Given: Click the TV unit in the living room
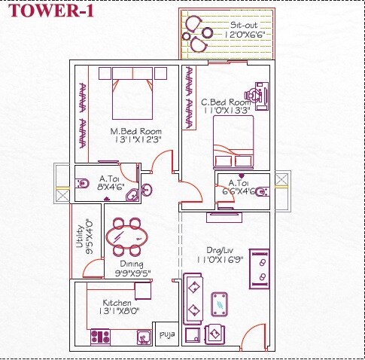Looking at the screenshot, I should click(x=260, y=267).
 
